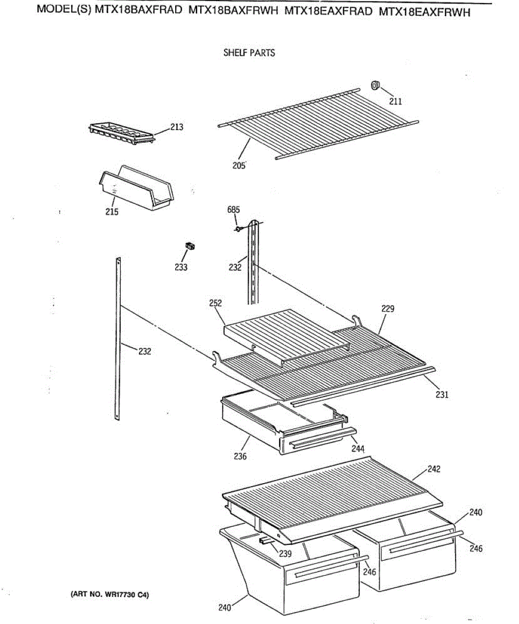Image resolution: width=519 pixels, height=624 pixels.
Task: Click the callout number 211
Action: pos(396,101)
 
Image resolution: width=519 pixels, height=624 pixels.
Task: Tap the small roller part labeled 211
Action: pos(375,85)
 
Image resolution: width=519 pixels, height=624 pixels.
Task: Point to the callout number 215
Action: pos(112,212)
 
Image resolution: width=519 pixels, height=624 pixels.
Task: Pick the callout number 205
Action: pos(239,166)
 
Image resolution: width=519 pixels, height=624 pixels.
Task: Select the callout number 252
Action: pos(216,303)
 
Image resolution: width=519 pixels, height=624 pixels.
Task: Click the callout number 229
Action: pos(387,308)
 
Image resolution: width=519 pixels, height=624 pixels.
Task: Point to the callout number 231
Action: pos(442,394)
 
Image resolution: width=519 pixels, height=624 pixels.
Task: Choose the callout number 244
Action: pos(358,448)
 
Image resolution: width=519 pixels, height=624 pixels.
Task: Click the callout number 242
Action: pos(434,469)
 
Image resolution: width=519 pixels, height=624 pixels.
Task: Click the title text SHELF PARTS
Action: pos(249,53)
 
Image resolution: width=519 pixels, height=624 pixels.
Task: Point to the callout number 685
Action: pos(233,210)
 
